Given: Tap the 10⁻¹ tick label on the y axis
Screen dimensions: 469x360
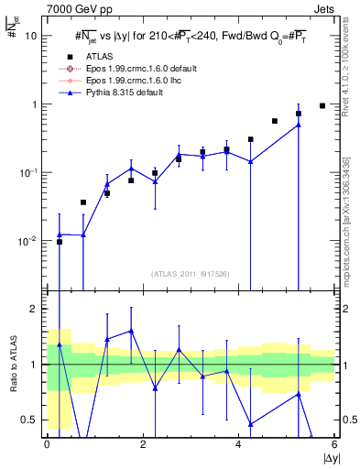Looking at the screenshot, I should [x=30, y=172].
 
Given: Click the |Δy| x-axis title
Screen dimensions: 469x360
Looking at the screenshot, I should [x=325, y=458].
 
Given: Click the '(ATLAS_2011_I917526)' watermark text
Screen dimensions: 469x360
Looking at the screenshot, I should [x=191, y=273].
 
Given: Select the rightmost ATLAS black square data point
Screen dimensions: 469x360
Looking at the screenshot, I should [x=322, y=105].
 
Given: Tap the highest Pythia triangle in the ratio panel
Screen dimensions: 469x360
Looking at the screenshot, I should [x=131, y=331].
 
